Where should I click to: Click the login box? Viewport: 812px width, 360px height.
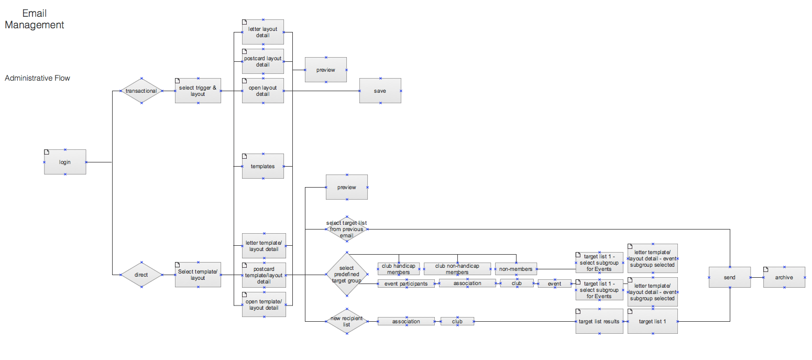(x=65, y=162)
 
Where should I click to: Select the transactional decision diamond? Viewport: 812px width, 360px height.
(x=141, y=91)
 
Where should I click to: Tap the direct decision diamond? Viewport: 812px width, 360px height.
(x=141, y=275)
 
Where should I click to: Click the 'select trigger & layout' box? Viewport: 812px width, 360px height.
(x=198, y=91)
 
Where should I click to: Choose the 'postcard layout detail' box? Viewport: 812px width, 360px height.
(x=263, y=61)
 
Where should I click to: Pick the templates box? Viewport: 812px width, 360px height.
(x=263, y=166)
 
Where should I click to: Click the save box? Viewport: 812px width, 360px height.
(x=380, y=91)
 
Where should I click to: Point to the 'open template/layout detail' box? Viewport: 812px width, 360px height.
(x=264, y=304)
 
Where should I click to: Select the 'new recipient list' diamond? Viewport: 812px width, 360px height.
(x=346, y=321)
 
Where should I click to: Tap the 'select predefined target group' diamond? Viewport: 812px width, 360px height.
(x=346, y=275)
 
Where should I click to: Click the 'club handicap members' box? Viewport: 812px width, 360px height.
(x=399, y=269)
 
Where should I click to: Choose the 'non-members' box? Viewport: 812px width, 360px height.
(x=516, y=269)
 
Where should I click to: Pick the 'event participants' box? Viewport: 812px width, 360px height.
(x=406, y=283)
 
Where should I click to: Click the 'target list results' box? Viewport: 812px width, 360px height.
(x=599, y=321)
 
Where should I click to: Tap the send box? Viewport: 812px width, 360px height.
(x=729, y=277)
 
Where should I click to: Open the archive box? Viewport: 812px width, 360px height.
(x=784, y=277)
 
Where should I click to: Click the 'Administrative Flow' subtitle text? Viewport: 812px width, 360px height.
(x=37, y=78)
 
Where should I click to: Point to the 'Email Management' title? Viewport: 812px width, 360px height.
(x=35, y=19)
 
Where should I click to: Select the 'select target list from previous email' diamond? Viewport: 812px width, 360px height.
(x=346, y=229)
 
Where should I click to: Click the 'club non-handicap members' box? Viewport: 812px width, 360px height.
(x=457, y=269)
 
